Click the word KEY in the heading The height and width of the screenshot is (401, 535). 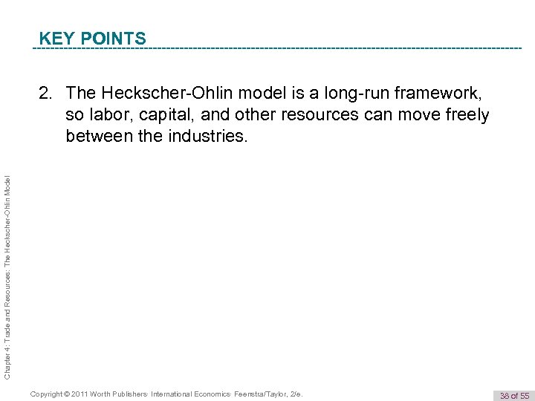55,38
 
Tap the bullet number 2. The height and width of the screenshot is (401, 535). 45,94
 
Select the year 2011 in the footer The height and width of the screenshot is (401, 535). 89,393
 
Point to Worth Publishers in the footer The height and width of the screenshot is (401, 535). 126,393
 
